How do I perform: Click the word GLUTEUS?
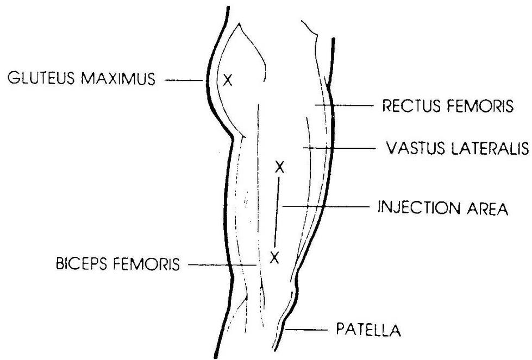[41, 78]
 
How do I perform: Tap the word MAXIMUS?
[118, 78]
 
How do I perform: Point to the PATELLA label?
[368, 330]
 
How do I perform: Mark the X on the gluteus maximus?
[228, 80]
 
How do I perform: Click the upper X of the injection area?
[279, 167]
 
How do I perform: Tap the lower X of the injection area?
[274, 257]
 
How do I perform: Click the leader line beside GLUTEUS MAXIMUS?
[184, 80]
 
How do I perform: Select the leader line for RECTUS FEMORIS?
[343, 105]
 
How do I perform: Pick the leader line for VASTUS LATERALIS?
[339, 148]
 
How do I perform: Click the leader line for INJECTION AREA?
[326, 206]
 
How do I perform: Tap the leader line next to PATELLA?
[306, 329]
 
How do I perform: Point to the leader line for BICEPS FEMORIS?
[222, 265]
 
